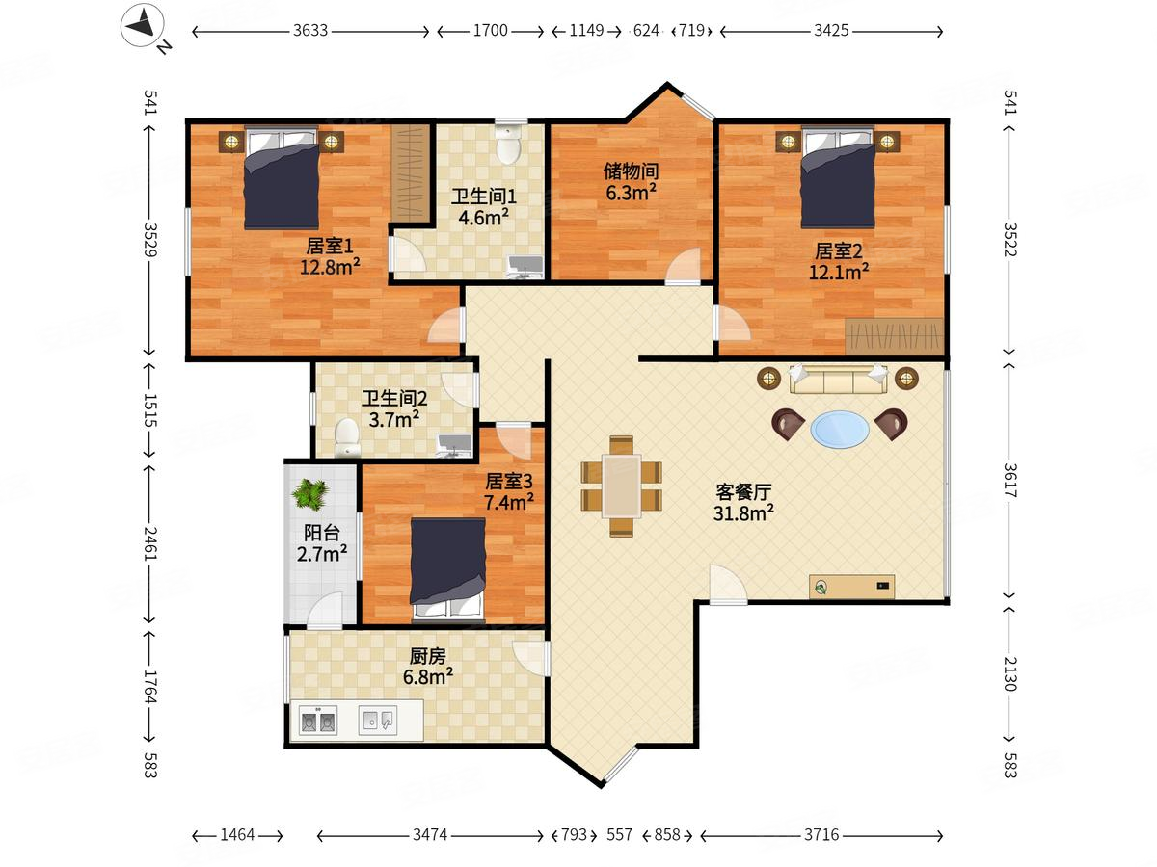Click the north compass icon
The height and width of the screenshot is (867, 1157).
point(143,25)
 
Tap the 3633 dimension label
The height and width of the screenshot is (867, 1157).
point(310,31)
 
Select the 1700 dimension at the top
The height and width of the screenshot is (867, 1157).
point(490,31)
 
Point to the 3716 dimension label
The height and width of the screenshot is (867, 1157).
point(821,835)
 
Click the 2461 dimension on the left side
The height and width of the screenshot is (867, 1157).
point(150,543)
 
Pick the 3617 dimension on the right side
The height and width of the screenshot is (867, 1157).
point(1009,480)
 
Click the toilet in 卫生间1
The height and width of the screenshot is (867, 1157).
point(509,144)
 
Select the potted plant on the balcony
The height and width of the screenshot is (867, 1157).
point(310,494)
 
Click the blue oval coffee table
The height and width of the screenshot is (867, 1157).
point(840,429)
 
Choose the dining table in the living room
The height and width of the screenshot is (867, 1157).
point(622,486)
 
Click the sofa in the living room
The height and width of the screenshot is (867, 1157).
point(838,379)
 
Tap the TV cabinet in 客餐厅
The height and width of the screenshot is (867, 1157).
point(851,587)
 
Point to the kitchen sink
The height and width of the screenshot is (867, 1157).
point(378,721)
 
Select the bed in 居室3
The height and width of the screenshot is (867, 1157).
point(448,567)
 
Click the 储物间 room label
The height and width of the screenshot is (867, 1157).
point(631,171)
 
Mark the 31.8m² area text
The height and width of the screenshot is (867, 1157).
point(743,512)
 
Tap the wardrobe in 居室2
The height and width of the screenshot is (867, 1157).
point(894,336)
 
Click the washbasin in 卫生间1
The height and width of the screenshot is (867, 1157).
point(525,266)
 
